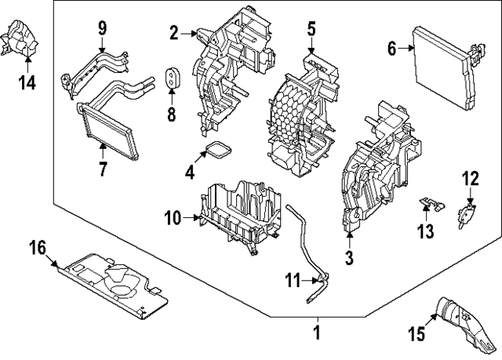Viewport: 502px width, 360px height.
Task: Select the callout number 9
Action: [x=102, y=28]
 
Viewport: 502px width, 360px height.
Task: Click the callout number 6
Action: [x=391, y=49]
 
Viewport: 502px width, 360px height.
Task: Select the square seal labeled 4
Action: [x=219, y=151]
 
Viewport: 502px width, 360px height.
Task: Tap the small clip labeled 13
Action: [x=427, y=205]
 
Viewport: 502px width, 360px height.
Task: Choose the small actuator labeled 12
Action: [x=468, y=213]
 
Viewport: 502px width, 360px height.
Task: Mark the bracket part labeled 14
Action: [x=21, y=39]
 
